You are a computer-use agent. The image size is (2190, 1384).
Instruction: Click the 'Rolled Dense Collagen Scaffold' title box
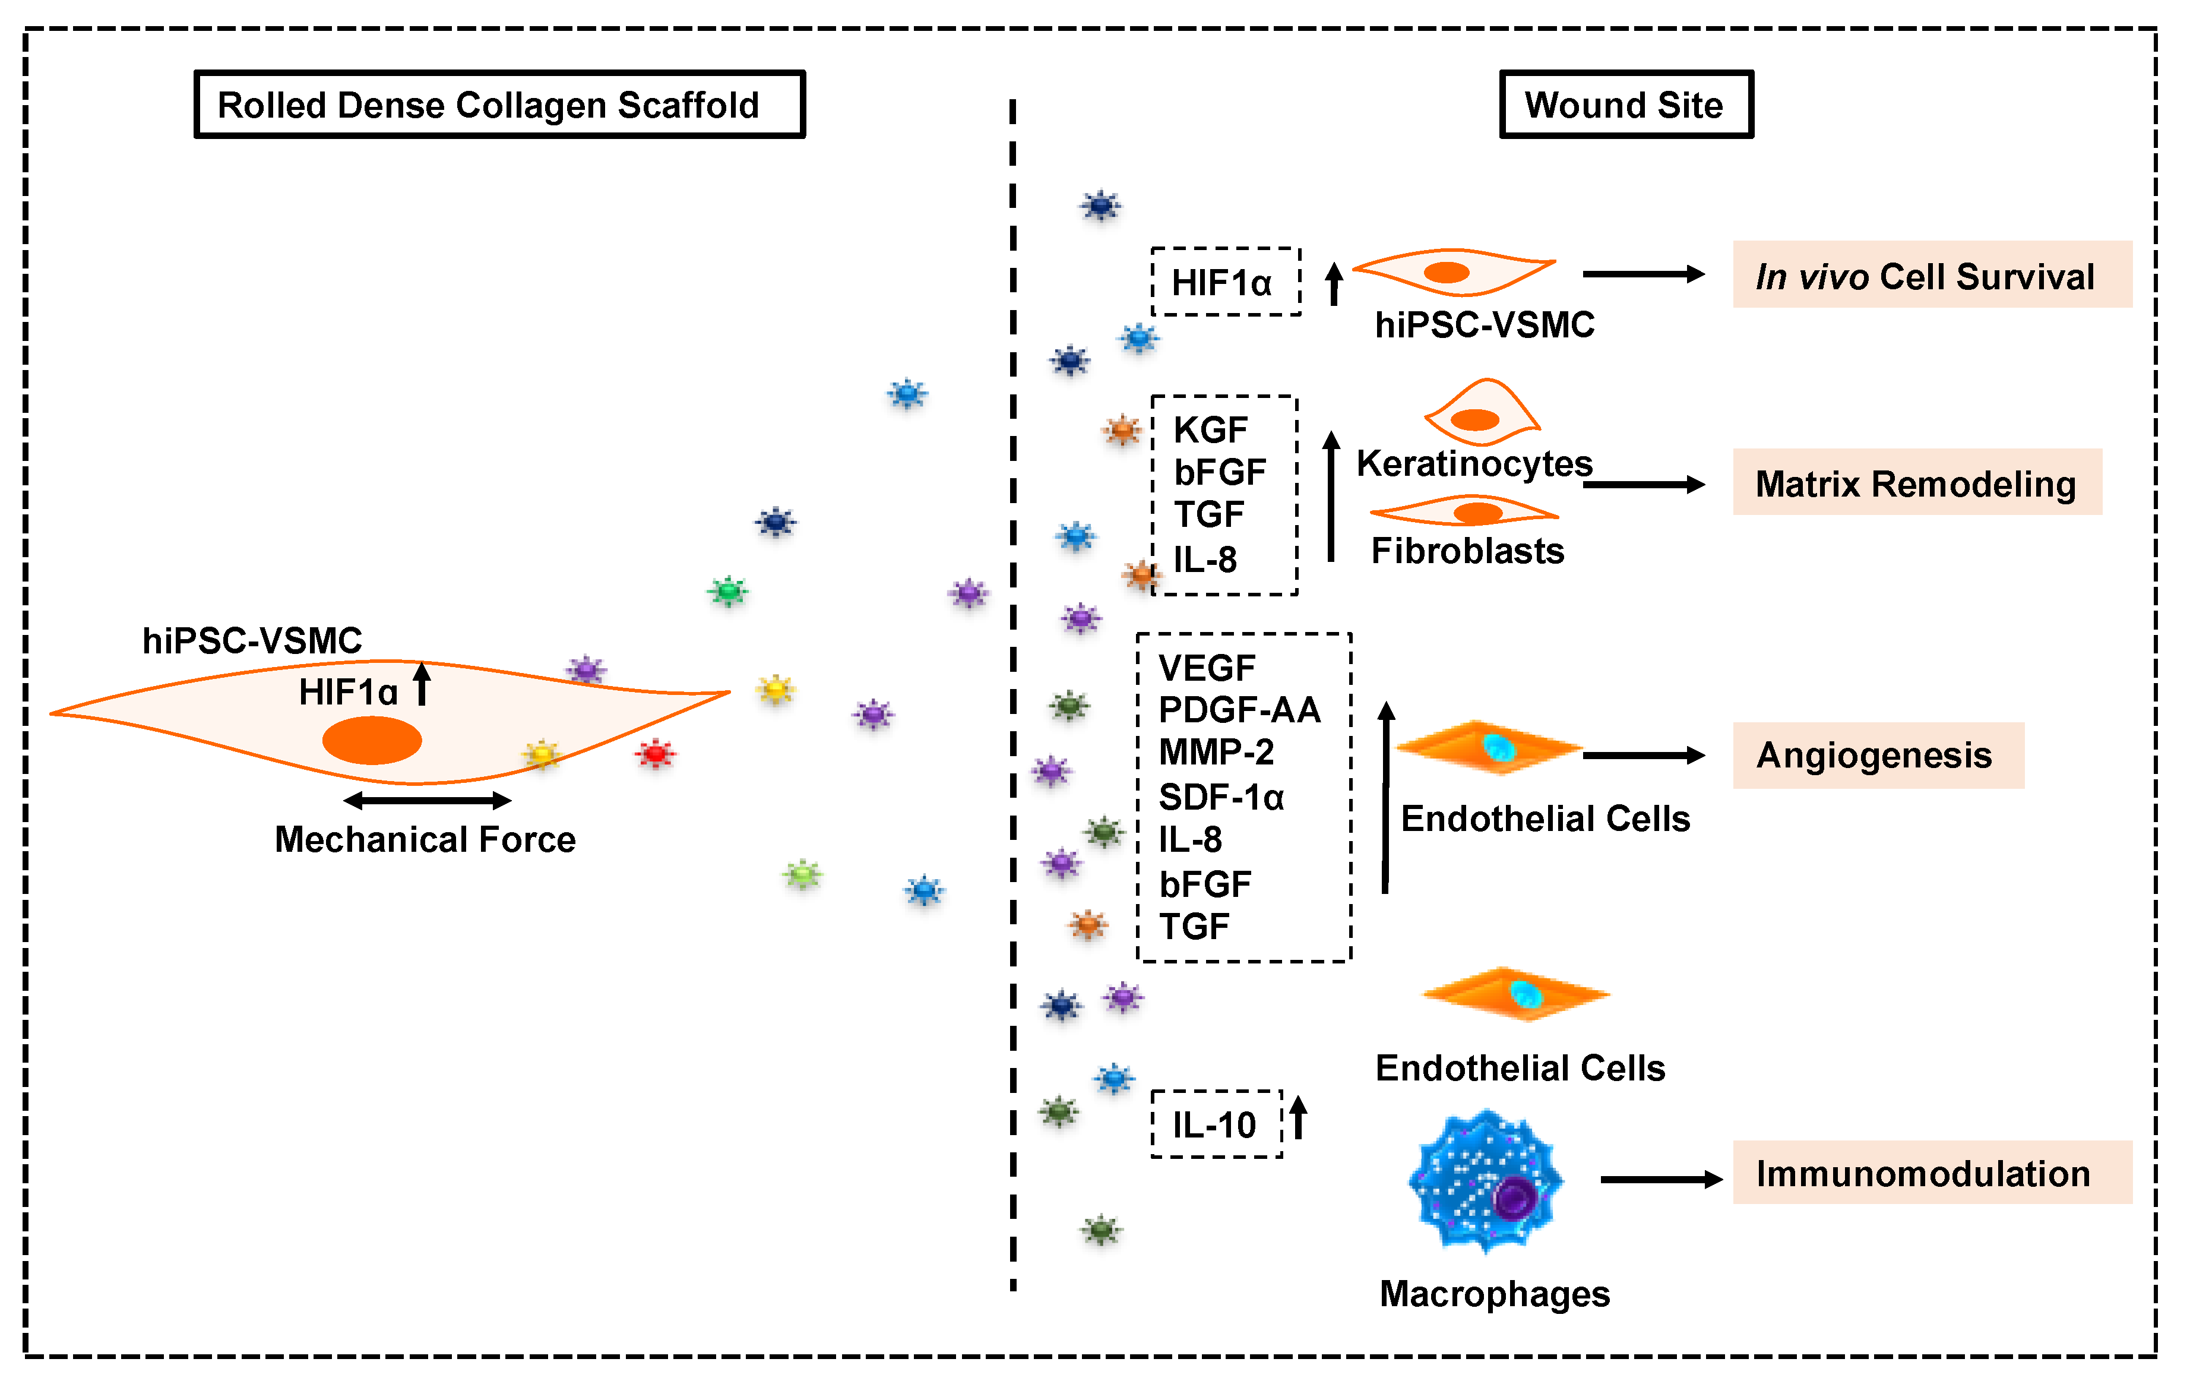499,105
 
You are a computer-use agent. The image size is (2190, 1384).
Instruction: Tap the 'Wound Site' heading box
1625,105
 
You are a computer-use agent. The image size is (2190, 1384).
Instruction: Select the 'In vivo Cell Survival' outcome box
1931,275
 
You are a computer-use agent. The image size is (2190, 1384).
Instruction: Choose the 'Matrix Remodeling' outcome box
1916,482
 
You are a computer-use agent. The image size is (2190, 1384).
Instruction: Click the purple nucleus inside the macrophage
1514,1198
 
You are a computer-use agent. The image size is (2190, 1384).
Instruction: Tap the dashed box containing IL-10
1216,1124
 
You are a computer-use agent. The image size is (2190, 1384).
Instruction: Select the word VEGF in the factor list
1207,668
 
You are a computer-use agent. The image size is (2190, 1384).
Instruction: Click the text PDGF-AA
1239,710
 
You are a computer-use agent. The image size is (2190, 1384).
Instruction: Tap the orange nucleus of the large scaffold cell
372,740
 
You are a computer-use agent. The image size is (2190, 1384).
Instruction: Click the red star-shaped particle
655,753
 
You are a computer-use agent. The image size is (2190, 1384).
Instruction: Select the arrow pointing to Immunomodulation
1660,1178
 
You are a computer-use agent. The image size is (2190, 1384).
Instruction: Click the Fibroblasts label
1467,551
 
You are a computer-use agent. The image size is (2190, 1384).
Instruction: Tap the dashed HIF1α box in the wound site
1225,282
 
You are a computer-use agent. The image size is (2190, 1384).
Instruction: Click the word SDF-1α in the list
1220,797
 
